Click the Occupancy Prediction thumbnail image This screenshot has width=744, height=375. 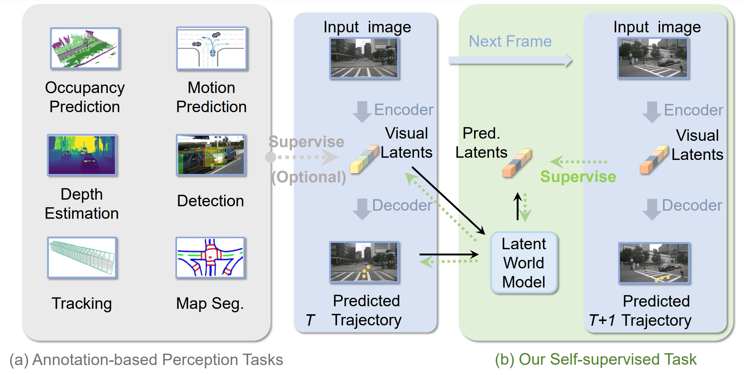pyautogui.click(x=85, y=49)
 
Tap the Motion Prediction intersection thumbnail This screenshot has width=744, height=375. pyautogui.click(x=212, y=49)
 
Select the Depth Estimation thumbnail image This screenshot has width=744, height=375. pyautogui.click(x=82, y=155)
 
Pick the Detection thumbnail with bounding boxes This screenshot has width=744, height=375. pyautogui.click(x=211, y=155)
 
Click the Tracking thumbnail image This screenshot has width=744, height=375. pyautogui.click(x=82, y=257)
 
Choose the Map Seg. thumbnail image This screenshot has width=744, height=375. pyautogui.click(x=211, y=257)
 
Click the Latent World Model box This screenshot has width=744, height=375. pyautogui.click(x=524, y=263)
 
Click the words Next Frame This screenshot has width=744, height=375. pyautogui.click(x=510, y=42)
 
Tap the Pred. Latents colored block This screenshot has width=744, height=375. pyautogui.click(x=517, y=163)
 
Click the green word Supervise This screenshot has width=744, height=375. pyautogui.click(x=578, y=177)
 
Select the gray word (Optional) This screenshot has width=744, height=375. pyautogui.click(x=308, y=177)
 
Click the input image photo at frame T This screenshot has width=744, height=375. pyautogui.click(x=364, y=58)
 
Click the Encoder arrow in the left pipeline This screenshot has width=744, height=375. pyautogui.click(x=362, y=112)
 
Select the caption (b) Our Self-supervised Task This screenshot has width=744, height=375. pyautogui.click(x=596, y=360)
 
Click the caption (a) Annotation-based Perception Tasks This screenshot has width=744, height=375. pyautogui.click(x=146, y=360)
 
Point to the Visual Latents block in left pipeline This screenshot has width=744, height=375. pyautogui.click(x=364, y=159)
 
